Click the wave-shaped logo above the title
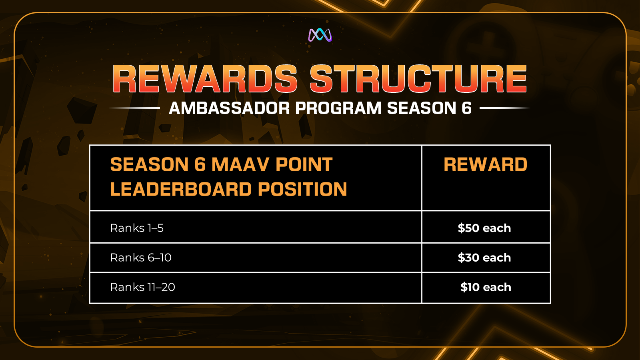[320, 35]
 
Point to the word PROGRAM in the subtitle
[338, 108]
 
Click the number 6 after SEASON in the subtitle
[466, 108]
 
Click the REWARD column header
[486, 164]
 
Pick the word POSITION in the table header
[302, 189]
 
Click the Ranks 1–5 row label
[137, 228]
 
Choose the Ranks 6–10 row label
[141, 258]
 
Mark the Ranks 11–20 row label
[142, 287]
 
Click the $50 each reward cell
[484, 228]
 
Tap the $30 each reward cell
[484, 258]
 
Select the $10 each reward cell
[486, 287]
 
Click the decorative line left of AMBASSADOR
[134, 108]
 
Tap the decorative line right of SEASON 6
[505, 108]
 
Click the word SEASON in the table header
[150, 164]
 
